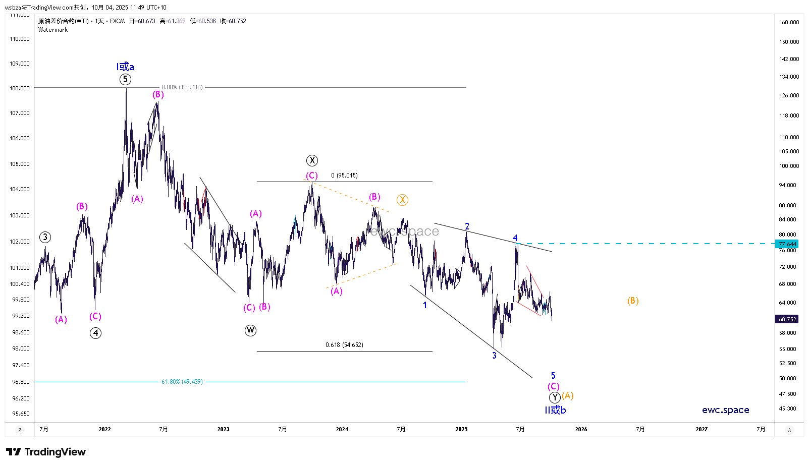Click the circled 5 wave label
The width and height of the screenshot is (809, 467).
125,79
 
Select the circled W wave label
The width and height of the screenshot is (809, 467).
250,330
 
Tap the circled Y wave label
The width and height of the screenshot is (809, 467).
555,397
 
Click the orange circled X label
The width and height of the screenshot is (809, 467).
402,200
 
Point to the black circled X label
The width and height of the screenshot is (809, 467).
312,160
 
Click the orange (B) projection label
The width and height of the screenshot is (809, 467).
633,301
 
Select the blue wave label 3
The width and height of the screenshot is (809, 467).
494,356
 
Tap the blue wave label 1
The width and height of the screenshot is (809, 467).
425,305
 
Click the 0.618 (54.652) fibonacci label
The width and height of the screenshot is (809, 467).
344,345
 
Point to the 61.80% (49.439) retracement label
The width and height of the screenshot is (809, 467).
182,382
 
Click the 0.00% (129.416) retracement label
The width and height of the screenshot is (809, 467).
182,87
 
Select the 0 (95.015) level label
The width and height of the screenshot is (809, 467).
344,176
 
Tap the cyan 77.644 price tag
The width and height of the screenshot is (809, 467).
787,244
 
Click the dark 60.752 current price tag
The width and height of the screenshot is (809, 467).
787,319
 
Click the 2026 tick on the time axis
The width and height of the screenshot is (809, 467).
581,429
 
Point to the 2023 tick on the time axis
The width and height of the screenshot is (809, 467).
223,429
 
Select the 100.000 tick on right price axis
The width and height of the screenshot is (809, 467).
789,166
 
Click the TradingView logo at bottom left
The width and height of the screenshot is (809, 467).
46,452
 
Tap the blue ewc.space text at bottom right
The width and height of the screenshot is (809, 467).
725,410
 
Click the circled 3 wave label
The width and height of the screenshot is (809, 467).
45,237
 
